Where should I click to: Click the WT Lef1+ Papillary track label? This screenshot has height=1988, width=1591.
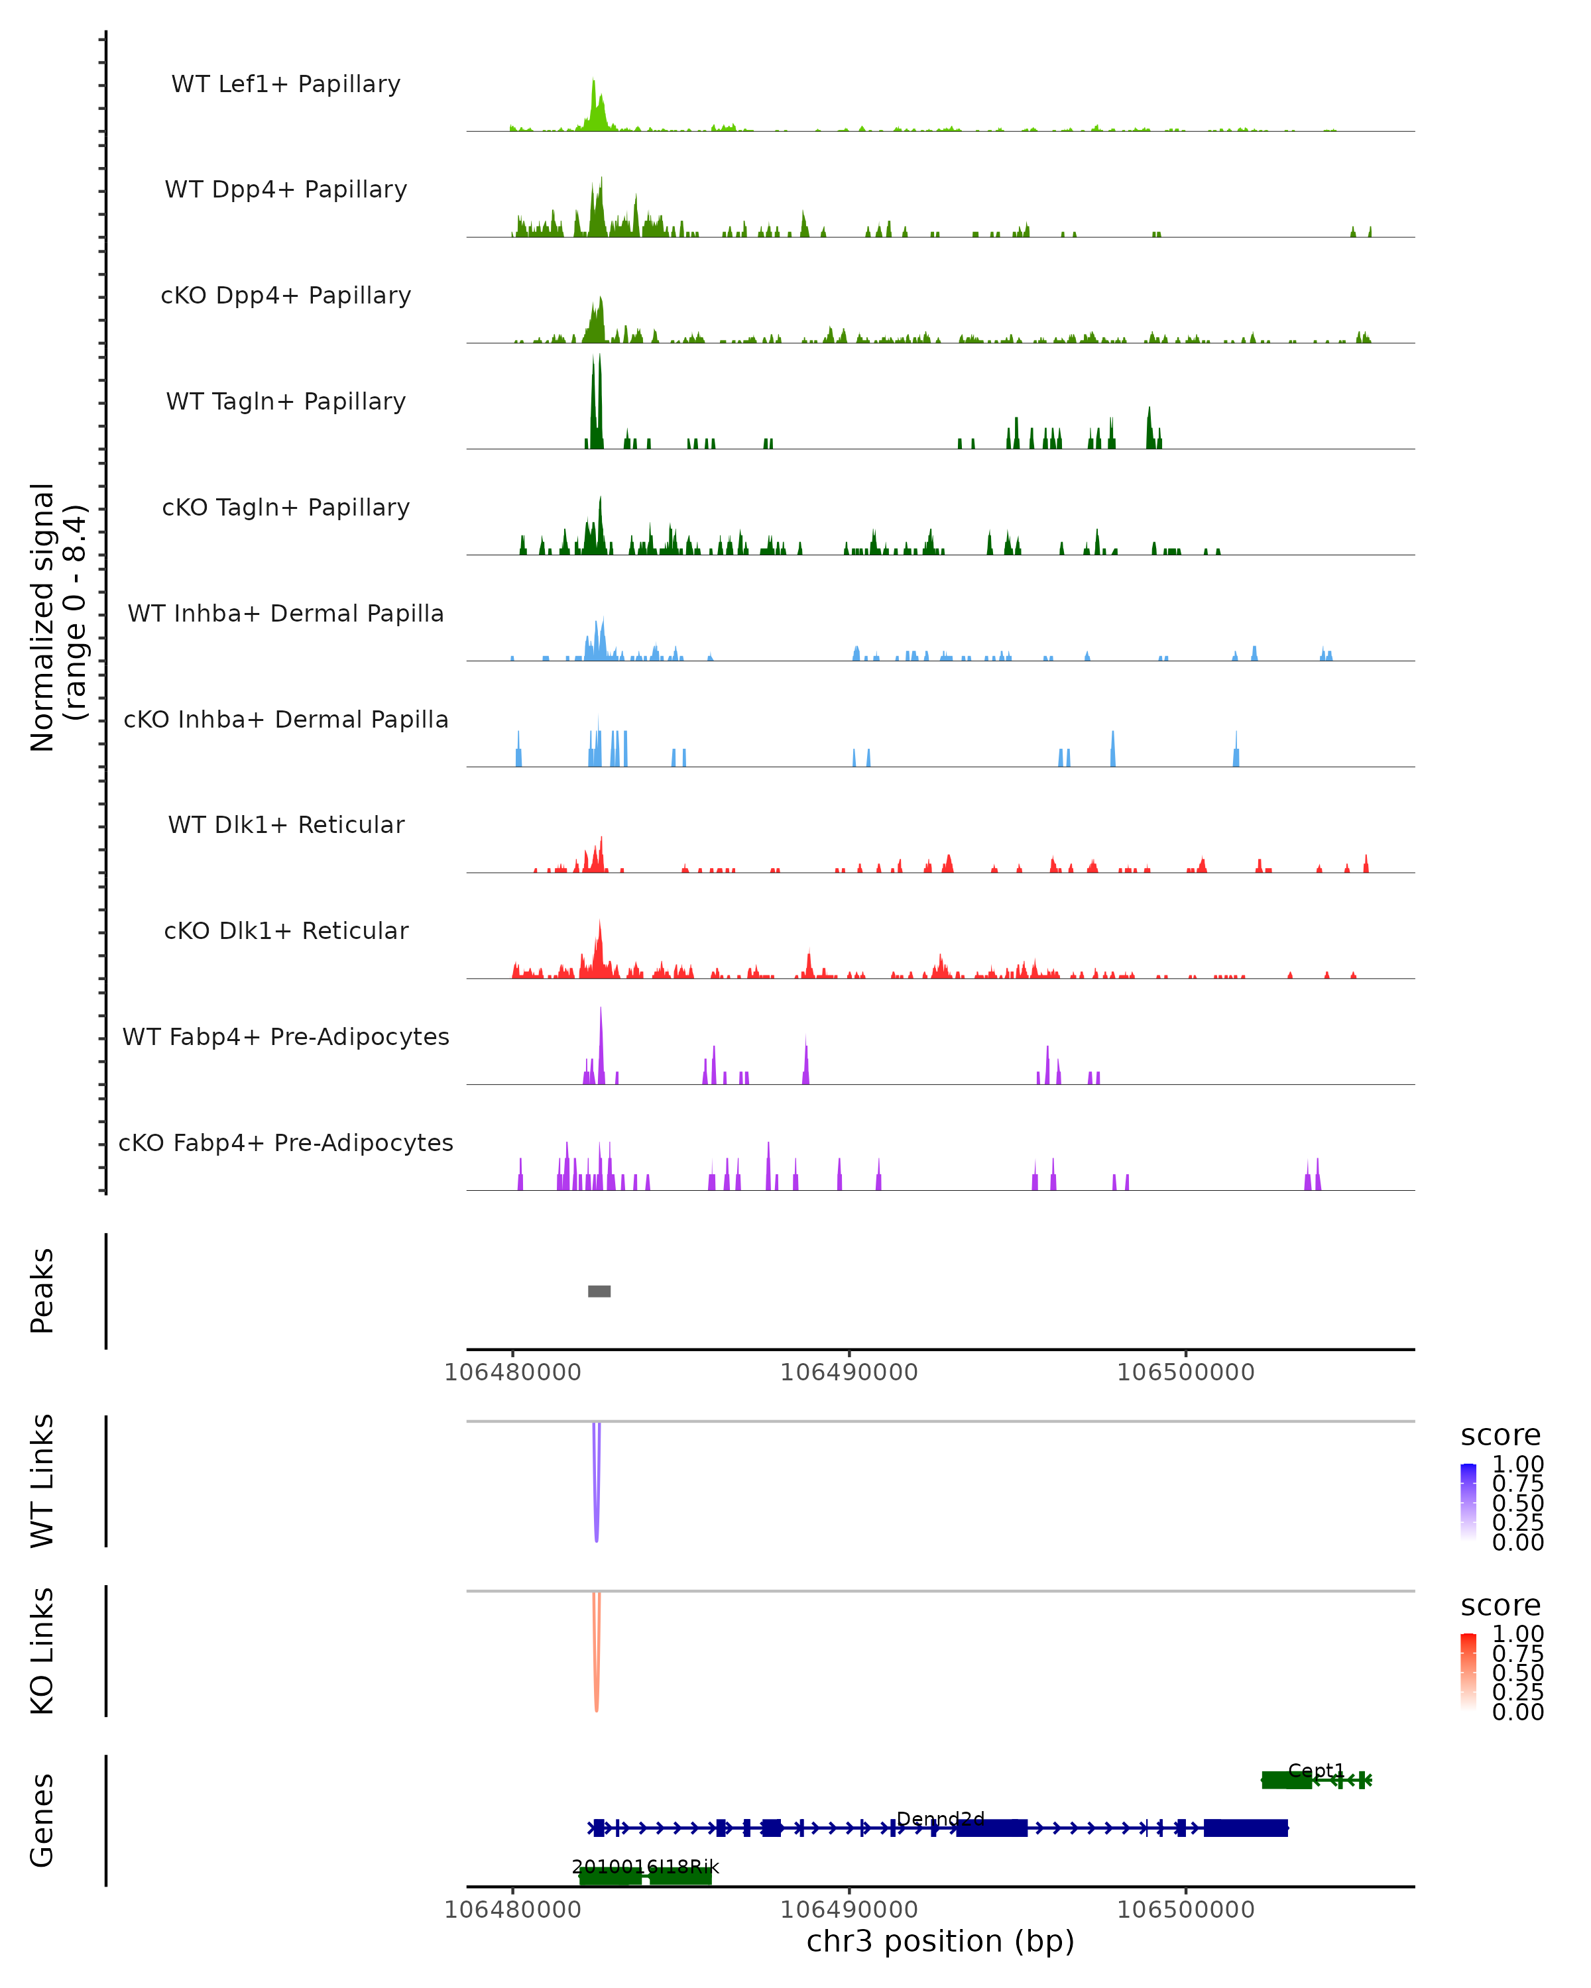(286, 85)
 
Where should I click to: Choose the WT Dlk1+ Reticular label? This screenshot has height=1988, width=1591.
(286, 825)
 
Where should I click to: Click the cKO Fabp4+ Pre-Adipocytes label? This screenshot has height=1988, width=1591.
(286, 1143)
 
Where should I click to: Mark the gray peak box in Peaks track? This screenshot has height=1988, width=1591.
(599, 1291)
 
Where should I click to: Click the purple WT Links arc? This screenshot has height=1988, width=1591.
(597, 1512)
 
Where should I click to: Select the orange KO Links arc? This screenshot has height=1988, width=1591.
(597, 1682)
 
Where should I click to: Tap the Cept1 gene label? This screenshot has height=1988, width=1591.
(1316, 1771)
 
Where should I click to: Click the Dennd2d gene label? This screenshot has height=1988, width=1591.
(941, 1819)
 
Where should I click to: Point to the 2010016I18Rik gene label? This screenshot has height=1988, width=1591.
(646, 1867)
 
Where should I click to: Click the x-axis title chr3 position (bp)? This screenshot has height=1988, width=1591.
(941, 1941)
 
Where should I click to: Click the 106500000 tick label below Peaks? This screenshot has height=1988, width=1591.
(1185, 1372)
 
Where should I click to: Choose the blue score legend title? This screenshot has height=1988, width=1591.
(1501, 1436)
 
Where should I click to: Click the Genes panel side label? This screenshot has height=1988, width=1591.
(42, 1821)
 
